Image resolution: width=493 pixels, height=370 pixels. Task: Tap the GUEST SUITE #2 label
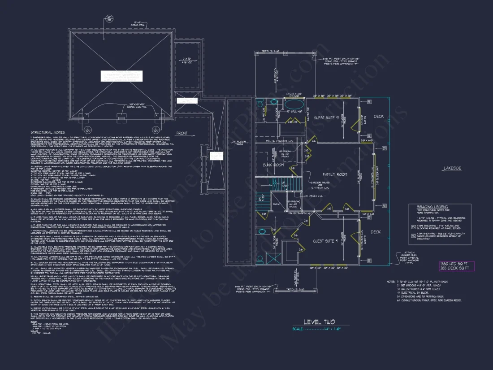tap(326, 118)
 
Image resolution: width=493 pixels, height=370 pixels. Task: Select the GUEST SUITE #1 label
tap(324, 241)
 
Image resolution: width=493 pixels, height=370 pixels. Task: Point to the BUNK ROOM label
tap(273, 165)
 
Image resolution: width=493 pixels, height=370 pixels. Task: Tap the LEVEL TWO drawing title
tap(332, 322)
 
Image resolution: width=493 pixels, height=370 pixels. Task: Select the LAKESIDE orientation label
tap(452, 169)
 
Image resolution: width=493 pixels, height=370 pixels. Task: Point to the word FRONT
tap(182, 133)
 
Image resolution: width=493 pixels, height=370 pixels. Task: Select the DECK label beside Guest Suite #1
tap(376, 232)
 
